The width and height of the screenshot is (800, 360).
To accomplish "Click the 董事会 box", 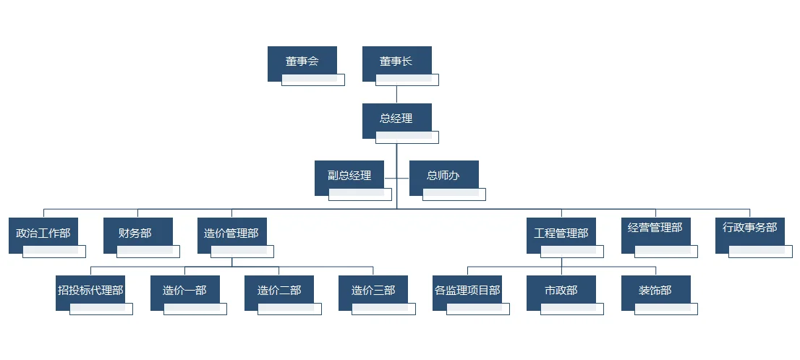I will point(302,61).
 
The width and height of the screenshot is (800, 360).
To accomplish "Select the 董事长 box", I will point(396,61).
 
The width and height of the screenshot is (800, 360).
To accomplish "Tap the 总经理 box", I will point(396,119).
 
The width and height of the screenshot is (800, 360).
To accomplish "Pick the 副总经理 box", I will point(349,176).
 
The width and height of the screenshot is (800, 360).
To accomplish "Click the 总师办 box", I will point(443,176).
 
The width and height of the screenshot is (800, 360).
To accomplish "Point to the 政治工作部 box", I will point(43,233).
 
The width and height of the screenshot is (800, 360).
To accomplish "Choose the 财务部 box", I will point(137,233).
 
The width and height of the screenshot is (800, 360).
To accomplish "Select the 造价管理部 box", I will point(231,233).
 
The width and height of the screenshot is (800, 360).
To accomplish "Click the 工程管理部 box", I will point(561,233).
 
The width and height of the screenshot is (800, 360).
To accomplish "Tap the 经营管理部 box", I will point(655,228).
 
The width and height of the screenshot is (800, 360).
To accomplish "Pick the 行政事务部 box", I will point(749,228).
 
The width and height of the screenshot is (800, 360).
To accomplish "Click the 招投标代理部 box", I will point(90,291).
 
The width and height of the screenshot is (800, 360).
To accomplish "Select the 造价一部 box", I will point(184,291).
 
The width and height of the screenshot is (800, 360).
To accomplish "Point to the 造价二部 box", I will point(279,291).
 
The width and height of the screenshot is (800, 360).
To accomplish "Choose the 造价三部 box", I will point(373,291).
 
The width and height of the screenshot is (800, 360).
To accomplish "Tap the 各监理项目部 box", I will point(467,291).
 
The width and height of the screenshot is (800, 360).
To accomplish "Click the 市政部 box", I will point(561,291).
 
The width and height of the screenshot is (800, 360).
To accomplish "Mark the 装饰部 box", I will point(655,291).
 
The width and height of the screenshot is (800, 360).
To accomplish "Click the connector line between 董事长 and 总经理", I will point(396,95).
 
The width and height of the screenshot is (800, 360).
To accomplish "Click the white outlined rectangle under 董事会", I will point(313,80).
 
